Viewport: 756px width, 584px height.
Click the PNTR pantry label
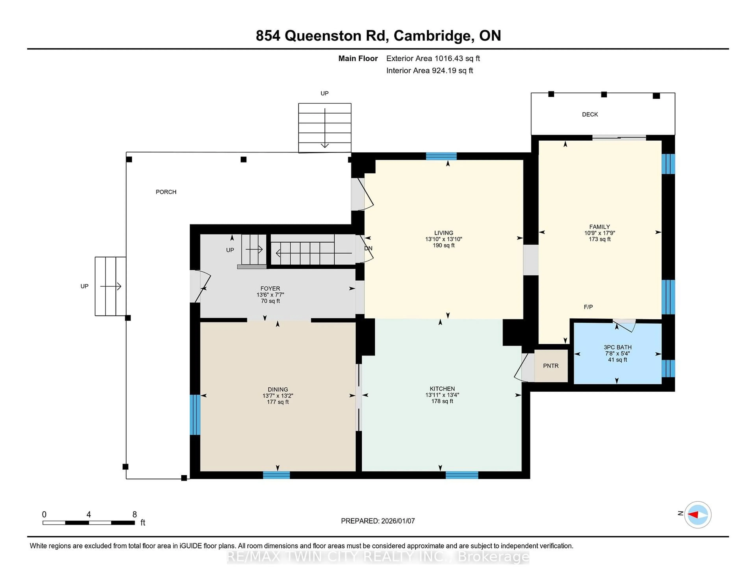(x=550, y=366)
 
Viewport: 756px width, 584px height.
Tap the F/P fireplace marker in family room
(x=588, y=307)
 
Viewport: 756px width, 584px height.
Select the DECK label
(x=590, y=115)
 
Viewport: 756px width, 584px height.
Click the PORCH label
(x=166, y=192)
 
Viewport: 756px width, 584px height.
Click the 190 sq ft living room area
(x=443, y=245)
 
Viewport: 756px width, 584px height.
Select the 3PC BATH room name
(x=618, y=347)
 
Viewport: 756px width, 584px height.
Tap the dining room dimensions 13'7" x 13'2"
(x=278, y=396)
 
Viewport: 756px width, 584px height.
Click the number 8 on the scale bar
(x=135, y=515)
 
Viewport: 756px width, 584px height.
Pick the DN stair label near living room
(x=368, y=248)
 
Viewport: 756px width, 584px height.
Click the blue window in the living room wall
(x=441, y=156)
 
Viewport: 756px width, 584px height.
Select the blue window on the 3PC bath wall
(x=668, y=369)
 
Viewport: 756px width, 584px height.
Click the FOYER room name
(x=270, y=288)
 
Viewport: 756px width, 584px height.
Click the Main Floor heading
(x=358, y=58)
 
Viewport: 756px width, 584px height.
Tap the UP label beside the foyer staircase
(x=230, y=250)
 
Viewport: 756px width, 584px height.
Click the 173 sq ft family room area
(x=599, y=239)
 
